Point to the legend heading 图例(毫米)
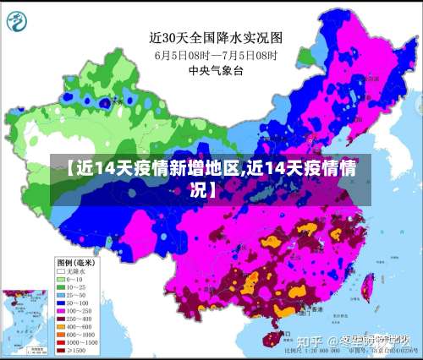[x=76, y=262]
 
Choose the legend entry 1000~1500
[x=76, y=341]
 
